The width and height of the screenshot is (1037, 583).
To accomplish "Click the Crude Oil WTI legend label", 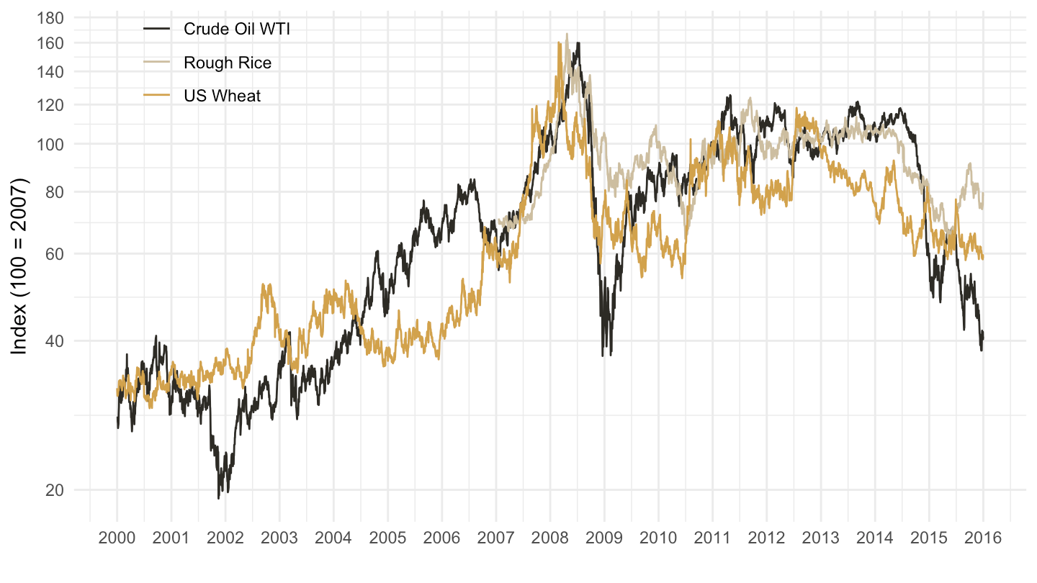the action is [x=236, y=29].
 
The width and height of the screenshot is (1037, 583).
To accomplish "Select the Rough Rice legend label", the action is [x=228, y=63].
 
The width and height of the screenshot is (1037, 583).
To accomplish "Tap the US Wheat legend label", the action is [x=223, y=96].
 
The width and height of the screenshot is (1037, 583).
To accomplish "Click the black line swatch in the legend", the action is [x=156, y=29].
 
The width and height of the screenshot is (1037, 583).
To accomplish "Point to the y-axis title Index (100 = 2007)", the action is [x=19, y=266].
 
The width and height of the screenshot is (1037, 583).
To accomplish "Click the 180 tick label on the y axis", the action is [x=50, y=18].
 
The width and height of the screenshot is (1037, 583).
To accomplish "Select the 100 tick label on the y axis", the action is [x=50, y=145].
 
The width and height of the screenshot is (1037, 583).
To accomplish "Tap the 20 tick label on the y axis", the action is [x=55, y=490].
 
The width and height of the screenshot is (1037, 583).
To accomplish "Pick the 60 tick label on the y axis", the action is [x=55, y=254].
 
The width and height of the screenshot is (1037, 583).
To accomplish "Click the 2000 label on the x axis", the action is [x=117, y=538].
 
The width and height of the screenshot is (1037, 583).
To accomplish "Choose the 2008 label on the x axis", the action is [x=550, y=538].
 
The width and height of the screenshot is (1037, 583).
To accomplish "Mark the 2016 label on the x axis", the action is [x=983, y=538].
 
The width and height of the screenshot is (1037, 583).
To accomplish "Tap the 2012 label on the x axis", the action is [x=766, y=538].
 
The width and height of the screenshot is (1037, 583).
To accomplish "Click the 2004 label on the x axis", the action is [x=333, y=538].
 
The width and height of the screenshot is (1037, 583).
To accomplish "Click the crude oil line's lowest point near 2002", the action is [x=218, y=498].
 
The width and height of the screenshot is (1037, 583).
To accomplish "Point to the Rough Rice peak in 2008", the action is [x=567, y=34].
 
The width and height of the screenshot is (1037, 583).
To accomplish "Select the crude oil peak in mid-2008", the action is [x=578, y=43].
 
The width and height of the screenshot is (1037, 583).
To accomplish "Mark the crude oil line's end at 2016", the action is [x=983, y=337].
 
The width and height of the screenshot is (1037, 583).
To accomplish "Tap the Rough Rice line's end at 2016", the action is [x=983, y=194].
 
